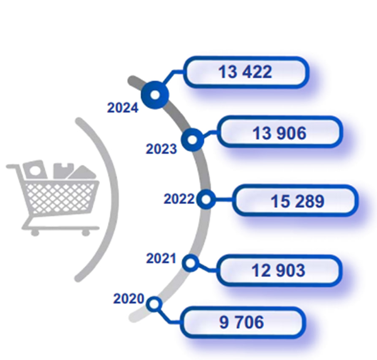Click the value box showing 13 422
tap(246, 72)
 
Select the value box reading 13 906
tap(279, 132)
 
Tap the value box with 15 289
tap(295, 200)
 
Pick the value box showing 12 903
tap(279, 270)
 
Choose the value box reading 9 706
tap(243, 322)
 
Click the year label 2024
tap(122, 108)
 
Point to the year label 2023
tap(161, 149)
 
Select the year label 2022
tap(179, 199)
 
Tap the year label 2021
tap(161, 259)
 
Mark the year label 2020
tap(128, 299)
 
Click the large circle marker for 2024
tap(155, 95)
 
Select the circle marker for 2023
tap(193, 140)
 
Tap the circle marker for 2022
tap(206, 199)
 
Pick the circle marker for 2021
tap(191, 263)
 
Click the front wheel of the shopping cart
tap(86, 232)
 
